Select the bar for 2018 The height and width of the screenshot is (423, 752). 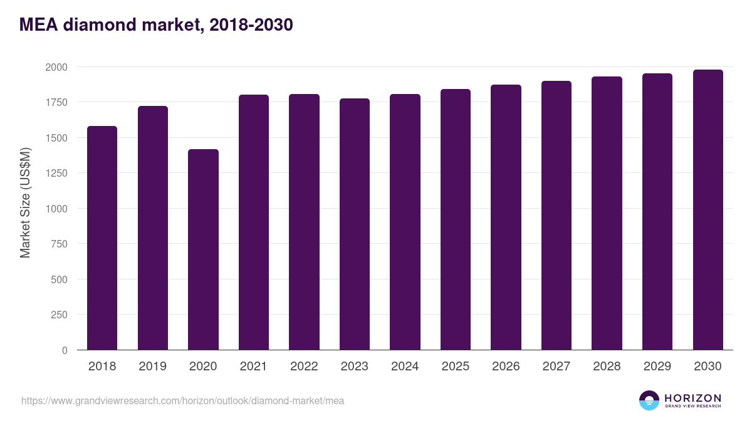click(102, 238)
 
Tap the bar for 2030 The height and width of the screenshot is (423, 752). click(708, 210)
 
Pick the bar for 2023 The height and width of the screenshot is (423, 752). click(355, 224)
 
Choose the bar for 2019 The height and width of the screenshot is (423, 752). click(153, 228)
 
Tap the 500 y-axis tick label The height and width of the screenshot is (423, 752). click(59, 279)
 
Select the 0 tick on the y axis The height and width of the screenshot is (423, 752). click(65, 350)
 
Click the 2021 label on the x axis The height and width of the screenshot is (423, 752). click(253, 367)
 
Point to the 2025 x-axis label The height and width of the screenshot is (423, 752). click(455, 367)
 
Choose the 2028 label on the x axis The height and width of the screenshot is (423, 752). click(607, 367)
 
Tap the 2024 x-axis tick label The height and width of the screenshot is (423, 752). click(405, 367)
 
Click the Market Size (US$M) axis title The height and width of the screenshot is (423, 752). click(25, 202)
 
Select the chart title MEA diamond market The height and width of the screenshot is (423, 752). click(156, 25)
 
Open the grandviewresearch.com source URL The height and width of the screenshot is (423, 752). click(182, 400)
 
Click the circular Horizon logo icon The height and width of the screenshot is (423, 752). click(649, 400)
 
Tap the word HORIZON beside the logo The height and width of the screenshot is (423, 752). click(692, 397)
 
